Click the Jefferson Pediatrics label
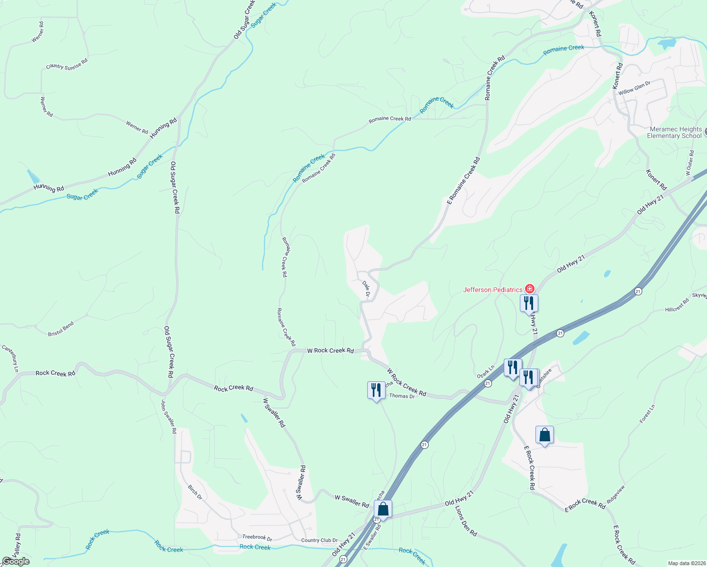click(493, 290)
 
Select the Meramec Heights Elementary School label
click(675, 132)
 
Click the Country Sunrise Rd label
click(67, 64)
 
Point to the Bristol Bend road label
click(61, 329)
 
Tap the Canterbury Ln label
click(10, 358)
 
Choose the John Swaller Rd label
click(169, 416)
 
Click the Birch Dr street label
click(195, 492)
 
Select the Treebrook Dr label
click(257, 537)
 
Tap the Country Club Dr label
click(319, 541)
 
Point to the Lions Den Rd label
click(466, 521)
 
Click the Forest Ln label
click(647, 413)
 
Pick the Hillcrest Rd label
click(677, 306)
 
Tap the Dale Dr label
click(366, 289)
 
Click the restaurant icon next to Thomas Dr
click(376, 390)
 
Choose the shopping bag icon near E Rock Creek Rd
click(544, 435)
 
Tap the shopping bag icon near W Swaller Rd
click(383, 509)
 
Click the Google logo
click(16, 561)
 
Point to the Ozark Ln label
click(485, 371)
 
